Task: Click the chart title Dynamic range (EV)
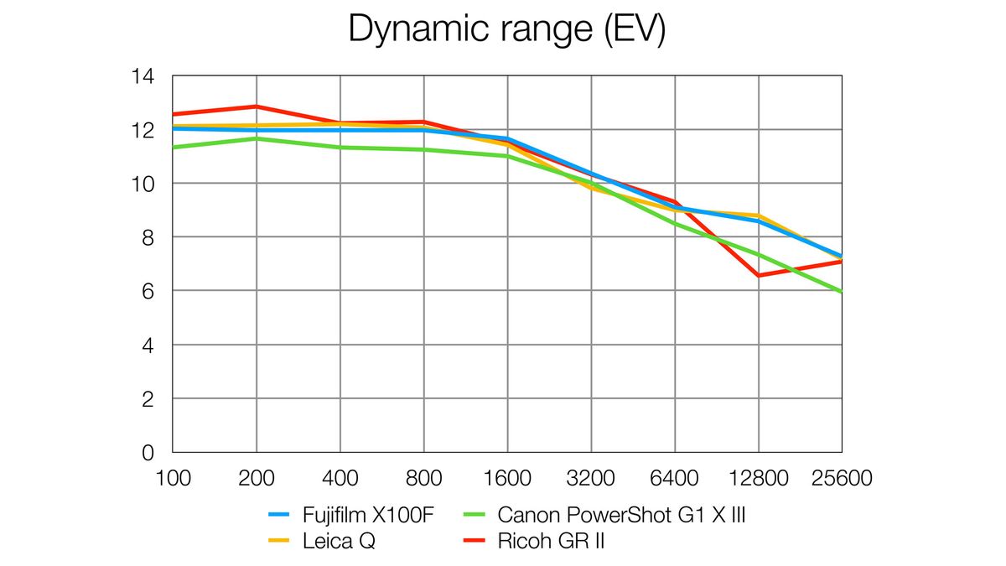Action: [506, 29]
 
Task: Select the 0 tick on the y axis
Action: [148, 453]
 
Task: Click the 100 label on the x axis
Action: [172, 479]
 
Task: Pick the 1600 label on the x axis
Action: [507, 479]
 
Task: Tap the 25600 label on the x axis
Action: [842, 479]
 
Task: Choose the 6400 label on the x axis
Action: [675, 479]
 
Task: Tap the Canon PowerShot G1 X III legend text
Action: [621, 515]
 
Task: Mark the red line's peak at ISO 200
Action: [257, 106]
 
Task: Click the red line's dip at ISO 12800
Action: [759, 275]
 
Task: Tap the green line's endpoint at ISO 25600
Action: [841, 291]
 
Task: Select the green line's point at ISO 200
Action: [257, 138]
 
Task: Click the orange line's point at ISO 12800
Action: [759, 215]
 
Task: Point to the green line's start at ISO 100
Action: [173, 148]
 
